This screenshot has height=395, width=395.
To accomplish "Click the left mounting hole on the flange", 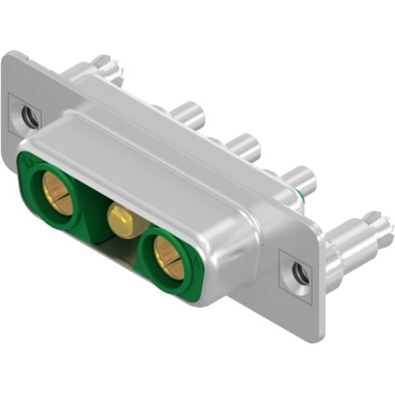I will pos(29,116).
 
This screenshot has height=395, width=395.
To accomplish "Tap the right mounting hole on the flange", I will pos(296,269).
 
